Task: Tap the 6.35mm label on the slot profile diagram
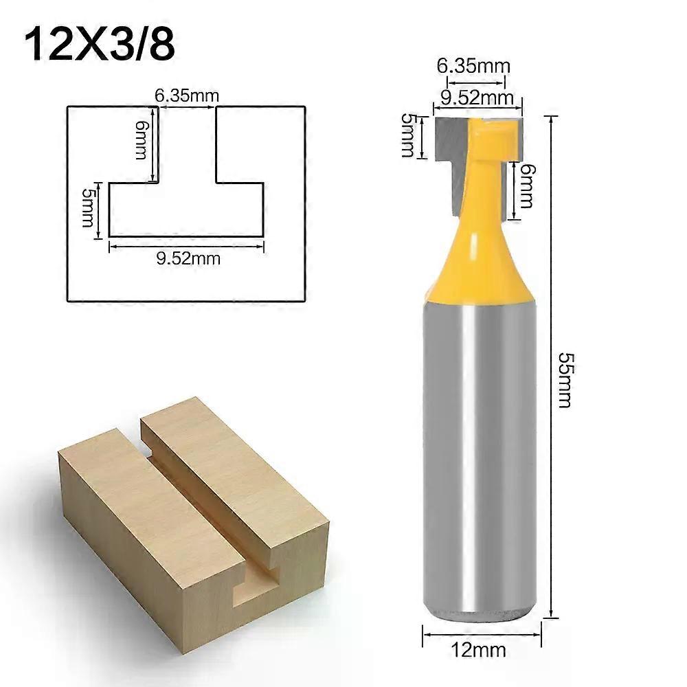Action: click(x=182, y=97)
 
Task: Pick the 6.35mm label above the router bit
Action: click(x=473, y=66)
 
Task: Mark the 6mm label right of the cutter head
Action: click(x=527, y=187)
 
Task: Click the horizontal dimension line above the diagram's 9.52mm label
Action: click(x=186, y=246)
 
